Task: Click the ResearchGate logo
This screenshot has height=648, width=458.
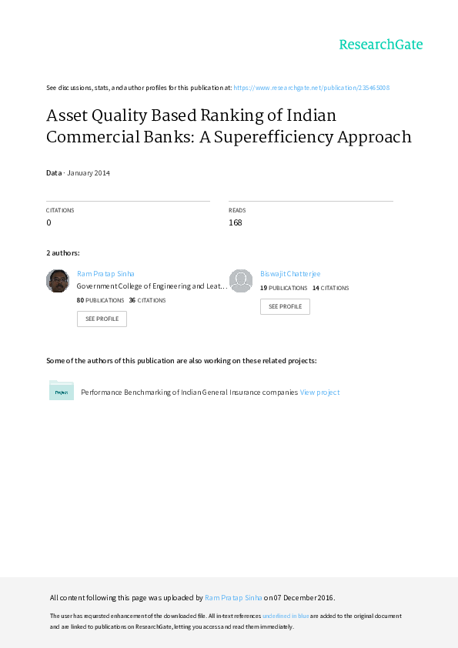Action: pos(381,44)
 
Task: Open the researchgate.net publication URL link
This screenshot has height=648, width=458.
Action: pos(311,88)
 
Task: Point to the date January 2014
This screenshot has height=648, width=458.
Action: pos(89,172)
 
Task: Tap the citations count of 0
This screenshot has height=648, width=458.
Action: pos(48,222)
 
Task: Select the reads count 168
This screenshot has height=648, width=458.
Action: pos(236,222)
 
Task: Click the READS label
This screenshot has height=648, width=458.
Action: pos(237,210)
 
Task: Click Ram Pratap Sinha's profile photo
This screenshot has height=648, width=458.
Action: pos(58,281)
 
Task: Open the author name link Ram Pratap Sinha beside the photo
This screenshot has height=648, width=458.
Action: pos(105,273)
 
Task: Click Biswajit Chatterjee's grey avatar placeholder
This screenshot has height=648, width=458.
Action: pos(241,281)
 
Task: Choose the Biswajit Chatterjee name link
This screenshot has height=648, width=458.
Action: pos(290,273)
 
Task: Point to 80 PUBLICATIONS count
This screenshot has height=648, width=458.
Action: pos(100,300)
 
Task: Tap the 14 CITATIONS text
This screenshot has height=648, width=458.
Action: pos(331,288)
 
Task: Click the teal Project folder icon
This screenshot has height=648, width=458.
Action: pos(61,390)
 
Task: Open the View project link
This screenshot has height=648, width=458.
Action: pos(319,392)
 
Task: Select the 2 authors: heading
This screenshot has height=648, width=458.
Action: pos(63,253)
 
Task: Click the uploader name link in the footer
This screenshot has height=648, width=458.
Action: pos(233,597)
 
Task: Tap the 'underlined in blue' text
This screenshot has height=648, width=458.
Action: pos(286,616)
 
